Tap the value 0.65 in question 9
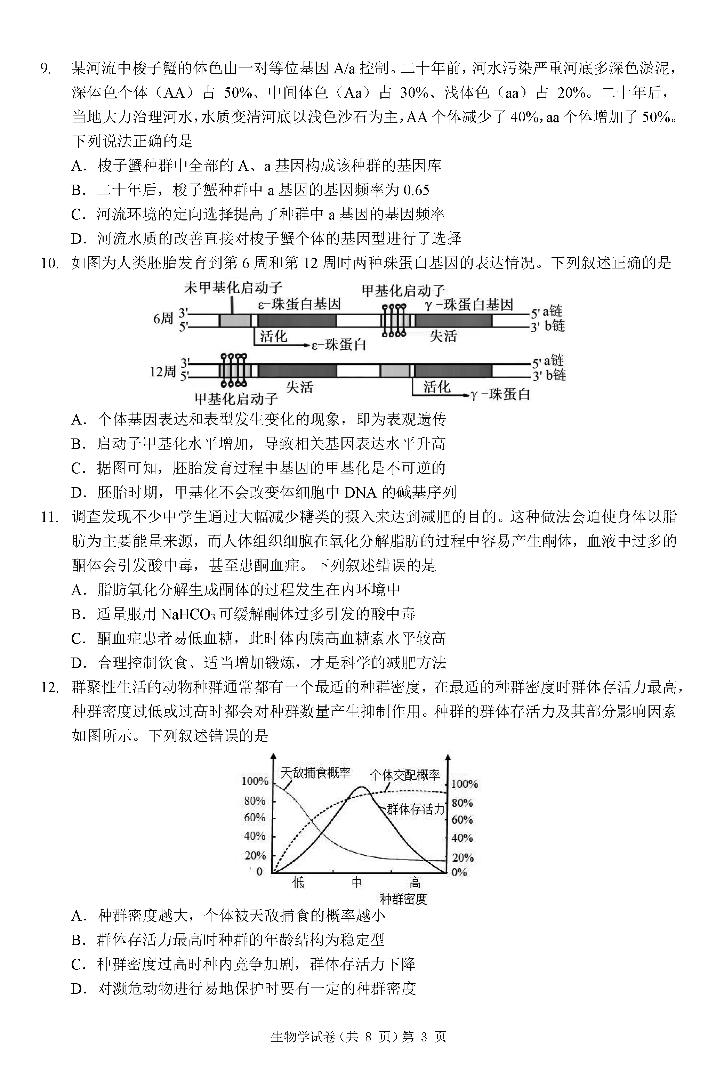coord(416,190)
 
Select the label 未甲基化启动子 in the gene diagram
coord(233,288)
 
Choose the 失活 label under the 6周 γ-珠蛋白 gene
coord(443,337)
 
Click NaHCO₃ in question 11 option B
coord(188,614)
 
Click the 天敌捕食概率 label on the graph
coord(315,773)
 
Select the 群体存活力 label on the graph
coord(415,809)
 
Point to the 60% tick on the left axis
coord(255,817)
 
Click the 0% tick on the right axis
coord(459,872)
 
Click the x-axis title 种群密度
coord(403,899)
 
